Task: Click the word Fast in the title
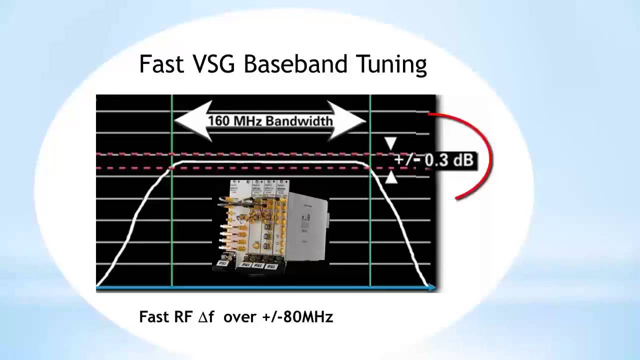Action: pos(161,64)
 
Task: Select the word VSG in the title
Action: pos(213,64)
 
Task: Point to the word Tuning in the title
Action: pos(391,65)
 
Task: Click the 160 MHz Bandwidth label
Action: pos(270,121)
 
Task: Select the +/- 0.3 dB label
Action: pos(434,160)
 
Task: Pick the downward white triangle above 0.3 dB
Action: pos(391,144)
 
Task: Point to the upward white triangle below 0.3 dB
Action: pos(391,177)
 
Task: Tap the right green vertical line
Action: pos(370,225)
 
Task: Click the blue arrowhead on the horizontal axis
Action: pos(431,287)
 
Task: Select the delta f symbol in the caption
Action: pos(206,316)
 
